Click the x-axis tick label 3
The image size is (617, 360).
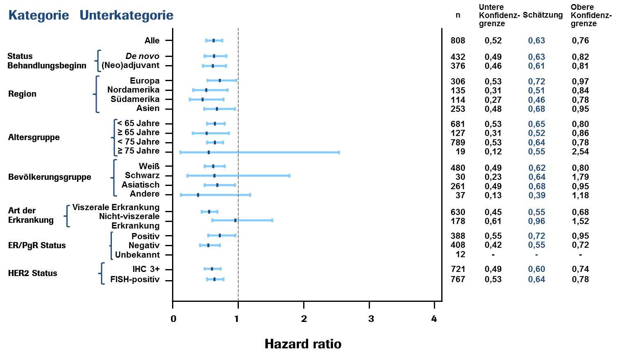pyautogui.click(x=371, y=319)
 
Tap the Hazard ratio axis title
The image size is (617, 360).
pyautogui.click(x=303, y=344)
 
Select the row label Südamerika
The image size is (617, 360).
pyautogui.click(x=135, y=100)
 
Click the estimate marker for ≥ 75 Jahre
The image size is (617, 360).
pyautogui.click(x=209, y=152)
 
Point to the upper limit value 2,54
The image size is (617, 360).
pyautogui.click(x=580, y=152)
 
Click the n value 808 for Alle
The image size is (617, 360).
pyautogui.click(x=458, y=41)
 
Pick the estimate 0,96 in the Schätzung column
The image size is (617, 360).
pyautogui.click(x=536, y=221)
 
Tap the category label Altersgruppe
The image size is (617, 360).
pyautogui.click(x=34, y=137)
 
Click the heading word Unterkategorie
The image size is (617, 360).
pyautogui.click(x=126, y=16)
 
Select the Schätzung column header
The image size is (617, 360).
pyautogui.click(x=542, y=15)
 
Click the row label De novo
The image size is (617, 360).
pyautogui.click(x=142, y=56)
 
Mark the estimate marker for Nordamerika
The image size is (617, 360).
pyautogui.click(x=206, y=90)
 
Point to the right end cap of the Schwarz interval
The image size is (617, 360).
pyautogui.click(x=289, y=176)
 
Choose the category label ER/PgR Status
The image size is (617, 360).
pyautogui.click(x=37, y=245)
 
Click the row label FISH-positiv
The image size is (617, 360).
pyautogui.click(x=135, y=280)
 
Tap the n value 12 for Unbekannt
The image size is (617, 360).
pyautogui.click(x=460, y=254)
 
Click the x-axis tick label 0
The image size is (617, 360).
pyautogui.click(x=173, y=319)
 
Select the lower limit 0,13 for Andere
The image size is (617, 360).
pyautogui.click(x=493, y=195)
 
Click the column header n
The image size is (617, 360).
pyautogui.click(x=458, y=15)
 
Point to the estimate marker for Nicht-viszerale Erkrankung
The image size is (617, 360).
pyautogui.click(x=235, y=220)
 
